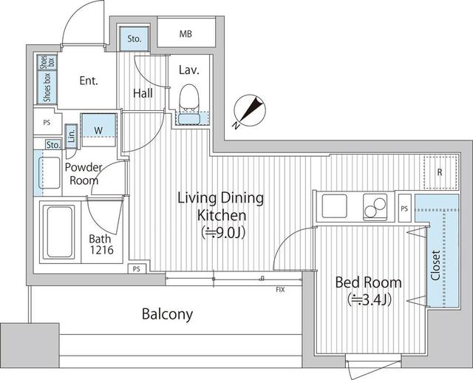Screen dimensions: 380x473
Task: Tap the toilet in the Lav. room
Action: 190,98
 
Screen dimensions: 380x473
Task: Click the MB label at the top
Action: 186,34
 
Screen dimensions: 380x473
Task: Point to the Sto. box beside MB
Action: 135,38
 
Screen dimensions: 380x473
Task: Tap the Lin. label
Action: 72,135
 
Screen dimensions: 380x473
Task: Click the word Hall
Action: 143,93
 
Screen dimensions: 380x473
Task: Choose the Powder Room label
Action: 82,173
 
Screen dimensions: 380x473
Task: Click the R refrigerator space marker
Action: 439,172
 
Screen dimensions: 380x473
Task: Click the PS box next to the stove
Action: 404,208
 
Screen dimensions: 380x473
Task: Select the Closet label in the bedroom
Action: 436,265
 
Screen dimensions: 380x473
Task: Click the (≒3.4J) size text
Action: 369,299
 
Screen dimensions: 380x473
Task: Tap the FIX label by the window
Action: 280,288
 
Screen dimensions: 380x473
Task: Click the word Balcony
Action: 168,314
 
